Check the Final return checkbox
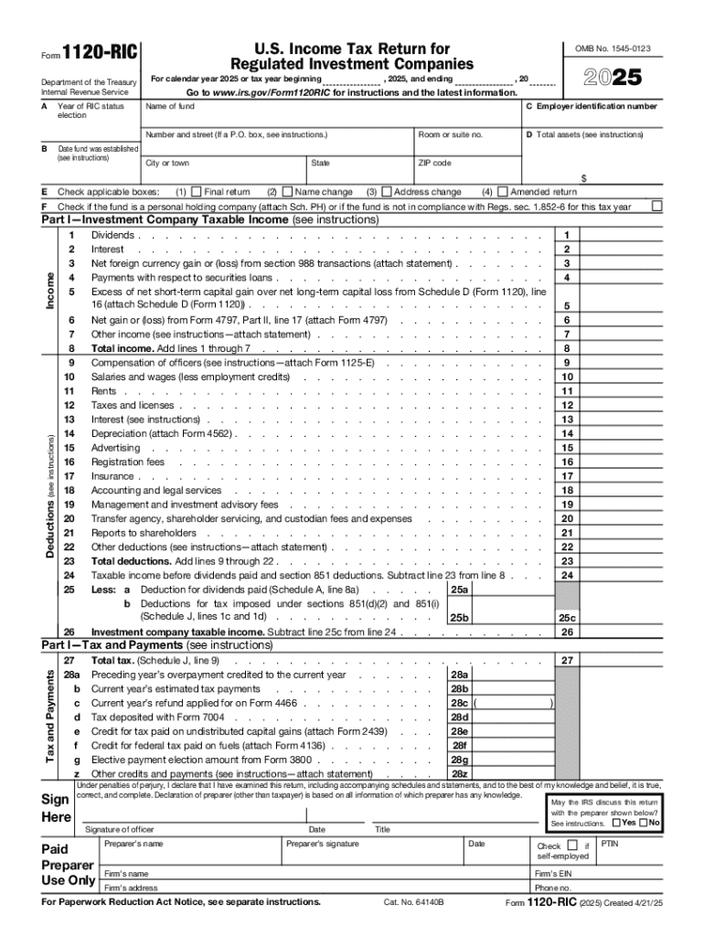pos(197,192)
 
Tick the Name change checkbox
pos(287,192)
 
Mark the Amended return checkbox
pos(502,192)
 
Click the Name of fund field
pos(329,118)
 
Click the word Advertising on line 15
pos(116,448)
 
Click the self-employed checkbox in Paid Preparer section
pos(572,845)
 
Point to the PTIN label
pos(610,844)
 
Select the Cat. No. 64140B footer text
pos(413,902)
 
